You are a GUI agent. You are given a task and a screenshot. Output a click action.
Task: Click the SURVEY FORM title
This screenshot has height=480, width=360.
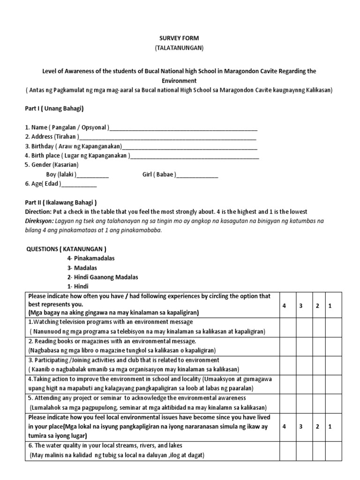(180, 38)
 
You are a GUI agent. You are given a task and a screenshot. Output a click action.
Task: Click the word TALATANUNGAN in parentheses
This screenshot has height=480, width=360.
(180, 48)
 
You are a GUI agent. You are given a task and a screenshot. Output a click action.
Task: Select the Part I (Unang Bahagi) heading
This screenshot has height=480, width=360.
(54, 108)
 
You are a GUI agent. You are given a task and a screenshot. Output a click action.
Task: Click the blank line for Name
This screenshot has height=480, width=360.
(183, 127)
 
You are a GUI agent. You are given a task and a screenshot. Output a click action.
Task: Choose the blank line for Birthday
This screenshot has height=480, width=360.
(189, 146)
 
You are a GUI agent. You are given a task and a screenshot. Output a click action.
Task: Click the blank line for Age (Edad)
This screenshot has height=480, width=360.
(79, 184)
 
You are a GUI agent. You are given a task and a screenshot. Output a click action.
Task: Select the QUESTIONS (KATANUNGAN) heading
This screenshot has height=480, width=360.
(66, 249)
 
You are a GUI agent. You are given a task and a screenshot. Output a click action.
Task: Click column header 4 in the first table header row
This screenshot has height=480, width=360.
(284, 306)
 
